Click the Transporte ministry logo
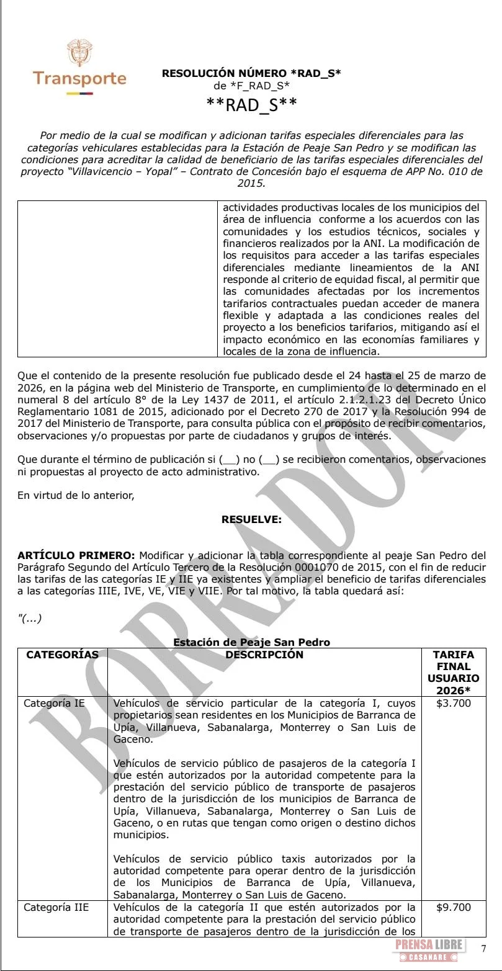[x=79, y=68]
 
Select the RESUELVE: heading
[x=251, y=520]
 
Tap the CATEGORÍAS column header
[x=62, y=655]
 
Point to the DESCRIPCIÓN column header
[x=264, y=655]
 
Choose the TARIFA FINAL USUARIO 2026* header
[x=453, y=673]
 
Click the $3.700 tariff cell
[x=454, y=704]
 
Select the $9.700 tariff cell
[x=454, y=908]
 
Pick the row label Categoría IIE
[x=56, y=908]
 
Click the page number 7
[x=484, y=948]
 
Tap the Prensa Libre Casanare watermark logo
[x=428, y=950]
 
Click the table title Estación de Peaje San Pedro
[x=251, y=642]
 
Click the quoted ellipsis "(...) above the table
[x=30, y=619]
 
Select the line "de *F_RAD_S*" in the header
[x=251, y=86]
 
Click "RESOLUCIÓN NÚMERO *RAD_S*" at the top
[x=251, y=73]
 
